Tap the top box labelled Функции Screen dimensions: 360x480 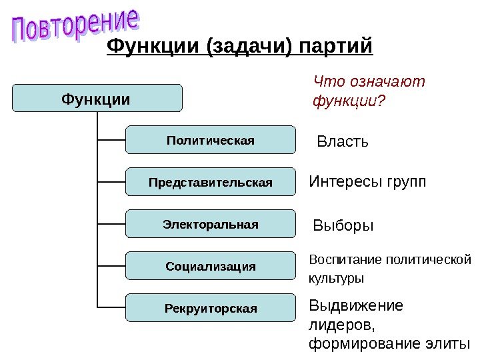(x=96, y=99)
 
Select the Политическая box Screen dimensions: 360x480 (x=210, y=141)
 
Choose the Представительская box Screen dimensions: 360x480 (x=210, y=182)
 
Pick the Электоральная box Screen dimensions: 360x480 (x=210, y=224)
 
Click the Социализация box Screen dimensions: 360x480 (x=210, y=266)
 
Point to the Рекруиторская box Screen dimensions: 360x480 (x=210, y=308)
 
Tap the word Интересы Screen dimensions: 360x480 (x=342, y=182)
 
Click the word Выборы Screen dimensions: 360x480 (x=343, y=226)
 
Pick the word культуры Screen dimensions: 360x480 (x=336, y=277)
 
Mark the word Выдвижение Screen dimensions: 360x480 (x=356, y=306)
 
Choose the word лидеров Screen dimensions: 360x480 (x=341, y=325)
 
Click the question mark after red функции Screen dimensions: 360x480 (x=382, y=102)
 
